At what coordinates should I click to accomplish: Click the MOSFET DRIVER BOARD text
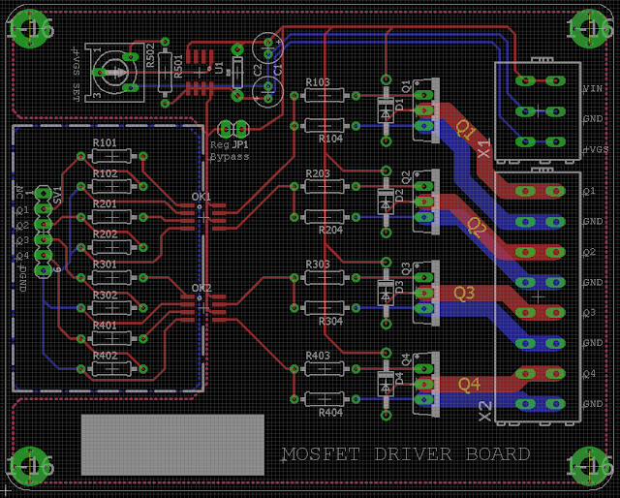point(405,454)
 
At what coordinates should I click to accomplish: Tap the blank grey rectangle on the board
point(172,445)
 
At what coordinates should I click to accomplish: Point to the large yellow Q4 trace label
point(469,384)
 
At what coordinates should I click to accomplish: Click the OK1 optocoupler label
point(201,197)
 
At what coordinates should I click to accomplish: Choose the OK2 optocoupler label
point(201,288)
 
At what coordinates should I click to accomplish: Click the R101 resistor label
point(105,143)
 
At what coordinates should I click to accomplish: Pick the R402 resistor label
point(105,356)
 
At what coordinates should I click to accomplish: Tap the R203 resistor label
point(318,173)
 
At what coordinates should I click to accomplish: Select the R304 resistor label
point(330,321)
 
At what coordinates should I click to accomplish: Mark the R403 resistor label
point(318,356)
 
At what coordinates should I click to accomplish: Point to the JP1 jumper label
point(239,144)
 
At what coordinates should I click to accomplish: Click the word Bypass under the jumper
point(230,156)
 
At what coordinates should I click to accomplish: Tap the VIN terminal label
point(592,89)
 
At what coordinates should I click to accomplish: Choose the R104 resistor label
point(330,139)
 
